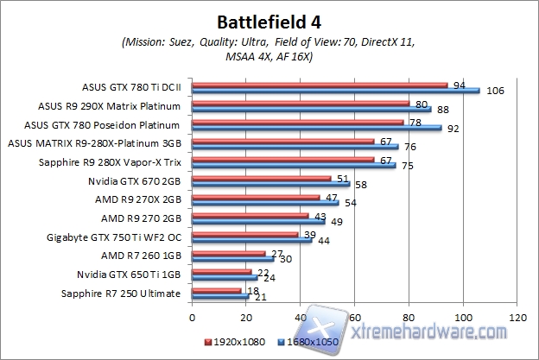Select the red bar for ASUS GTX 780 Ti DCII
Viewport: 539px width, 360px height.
pyautogui.click(x=320, y=85)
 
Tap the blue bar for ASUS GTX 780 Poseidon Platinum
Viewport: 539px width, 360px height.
pyautogui.click(x=317, y=128)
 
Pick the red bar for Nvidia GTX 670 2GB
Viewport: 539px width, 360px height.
pyautogui.click(x=262, y=179)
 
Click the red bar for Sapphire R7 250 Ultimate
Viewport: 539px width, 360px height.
pyautogui.click(x=217, y=291)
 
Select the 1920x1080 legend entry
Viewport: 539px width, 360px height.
pyautogui.click(x=234, y=344)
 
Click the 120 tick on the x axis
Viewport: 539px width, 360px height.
pyautogui.click(x=517, y=316)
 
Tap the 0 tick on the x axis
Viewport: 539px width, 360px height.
pyautogui.click(x=193, y=316)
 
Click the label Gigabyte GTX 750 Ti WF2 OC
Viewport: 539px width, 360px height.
pyautogui.click(x=122, y=237)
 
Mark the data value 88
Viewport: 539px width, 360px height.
pyautogui.click(x=441, y=110)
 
